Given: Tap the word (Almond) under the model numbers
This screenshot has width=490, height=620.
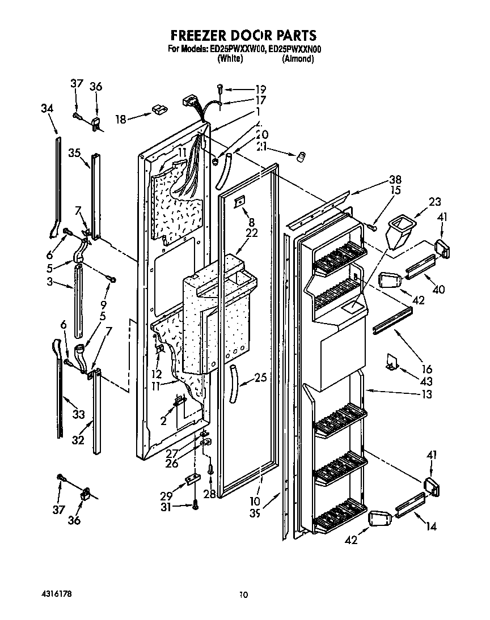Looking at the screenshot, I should coord(298,58).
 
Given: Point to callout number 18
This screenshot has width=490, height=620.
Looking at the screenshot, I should coord(120,120).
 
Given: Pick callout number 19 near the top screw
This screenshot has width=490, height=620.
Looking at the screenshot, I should coord(260,89).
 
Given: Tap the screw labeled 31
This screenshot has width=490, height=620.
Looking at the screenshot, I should coord(196,505).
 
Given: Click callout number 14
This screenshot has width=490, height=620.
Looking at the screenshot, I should coord(431,526).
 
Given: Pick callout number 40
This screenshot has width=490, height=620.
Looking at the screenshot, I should coord(438,289).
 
